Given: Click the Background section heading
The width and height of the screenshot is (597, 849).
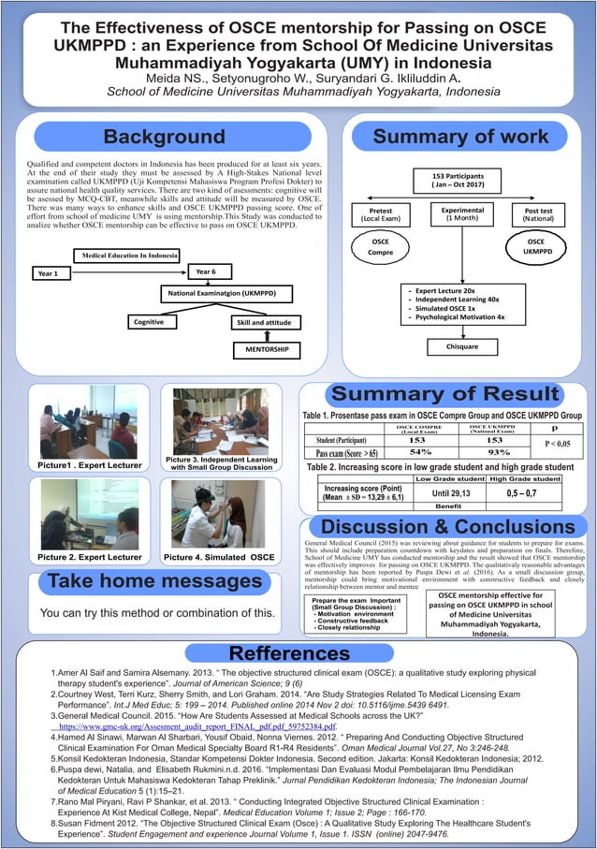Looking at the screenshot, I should click(164, 138).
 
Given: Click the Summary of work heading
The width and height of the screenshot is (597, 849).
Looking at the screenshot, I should click(459, 138).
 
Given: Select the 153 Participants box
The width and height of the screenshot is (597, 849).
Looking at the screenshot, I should click(457, 182).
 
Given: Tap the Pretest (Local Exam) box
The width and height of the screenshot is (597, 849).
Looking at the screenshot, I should click(381, 214).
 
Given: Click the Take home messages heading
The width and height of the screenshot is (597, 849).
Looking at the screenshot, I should click(143, 582).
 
